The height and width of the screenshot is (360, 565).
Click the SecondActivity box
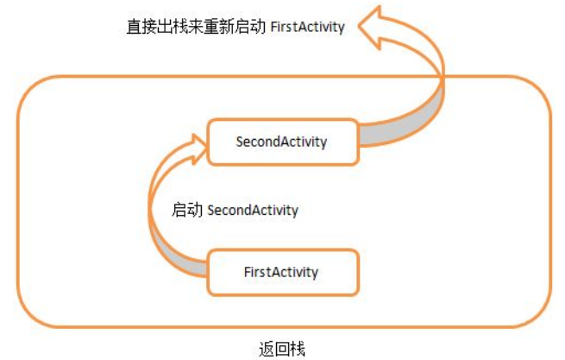pyautogui.click(x=283, y=142)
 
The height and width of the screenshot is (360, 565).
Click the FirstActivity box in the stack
pyautogui.click(x=283, y=272)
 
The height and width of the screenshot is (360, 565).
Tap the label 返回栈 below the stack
pyautogui.click(x=282, y=349)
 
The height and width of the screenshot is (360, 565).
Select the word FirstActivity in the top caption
pyautogui.click(x=307, y=27)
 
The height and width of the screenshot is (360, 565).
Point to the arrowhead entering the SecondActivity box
pyautogui.click(x=198, y=149)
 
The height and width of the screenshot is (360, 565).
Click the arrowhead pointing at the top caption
pyautogui.click(x=370, y=28)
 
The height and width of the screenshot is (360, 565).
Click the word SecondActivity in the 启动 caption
pyautogui.click(x=253, y=211)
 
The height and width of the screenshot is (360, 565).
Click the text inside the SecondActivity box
pyautogui.click(x=281, y=142)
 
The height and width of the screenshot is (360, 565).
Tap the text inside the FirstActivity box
pyautogui.click(x=281, y=272)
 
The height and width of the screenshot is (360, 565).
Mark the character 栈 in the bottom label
pyautogui.click(x=298, y=349)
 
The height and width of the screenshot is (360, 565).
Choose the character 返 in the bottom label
pyautogui.click(x=267, y=349)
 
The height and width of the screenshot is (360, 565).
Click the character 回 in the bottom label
pyautogui.click(x=282, y=349)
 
